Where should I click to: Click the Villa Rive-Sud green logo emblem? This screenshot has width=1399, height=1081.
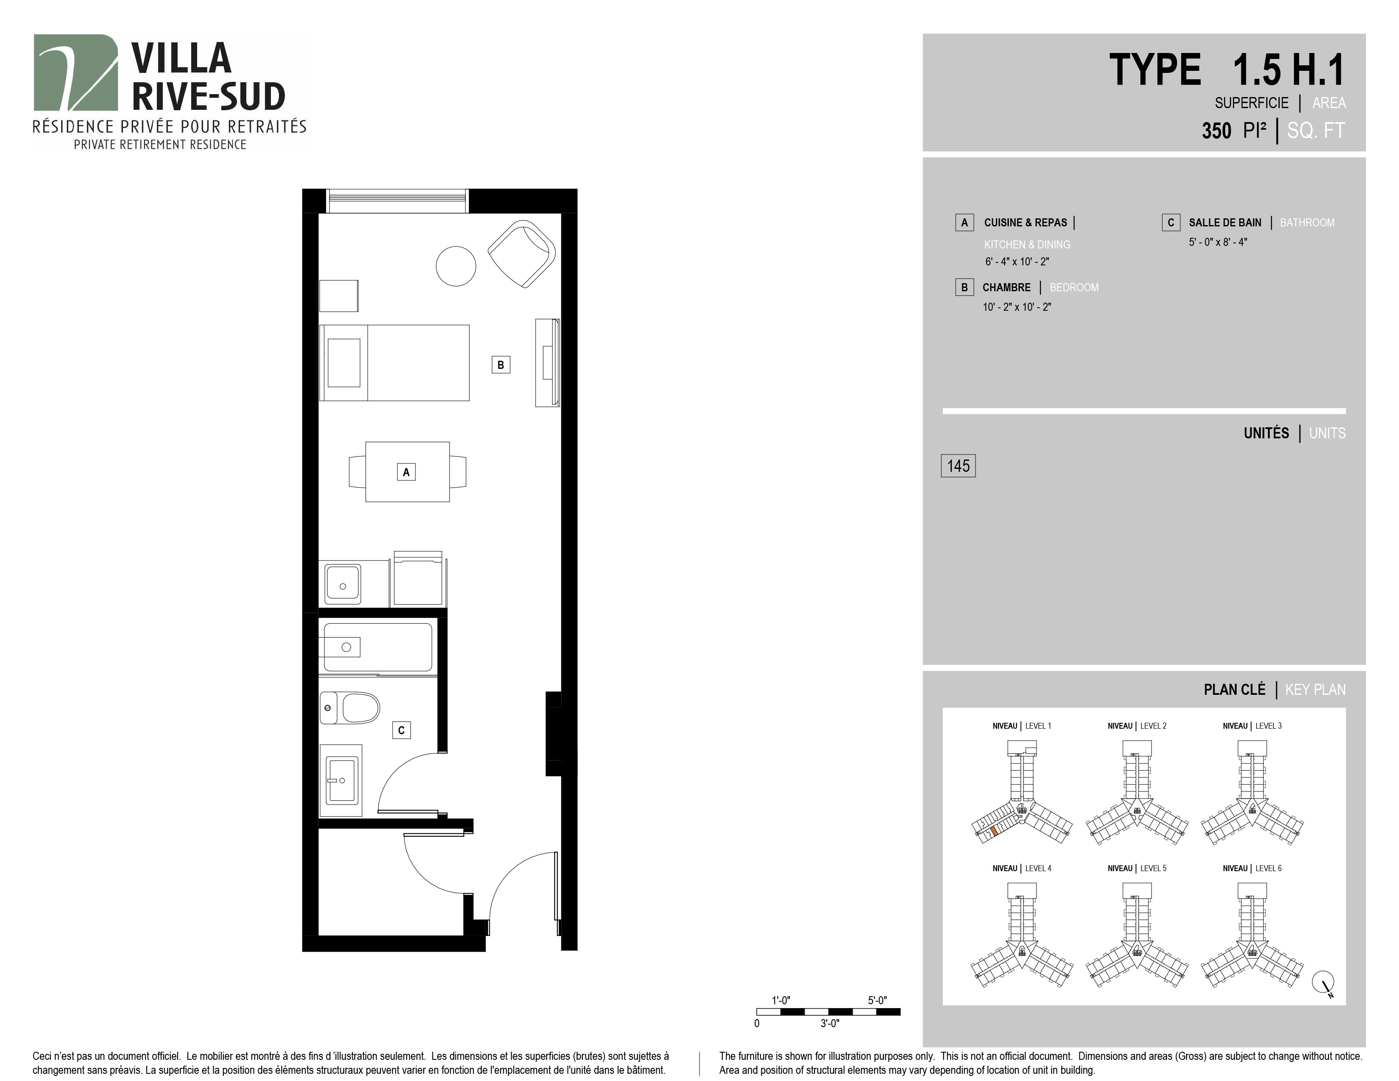coord(75,72)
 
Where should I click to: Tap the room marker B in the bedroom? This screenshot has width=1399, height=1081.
coord(501,365)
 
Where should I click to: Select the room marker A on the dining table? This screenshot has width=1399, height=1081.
coord(406,472)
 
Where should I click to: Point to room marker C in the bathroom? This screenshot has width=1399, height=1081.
coord(401,730)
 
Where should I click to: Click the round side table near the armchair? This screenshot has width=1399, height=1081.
coord(456,266)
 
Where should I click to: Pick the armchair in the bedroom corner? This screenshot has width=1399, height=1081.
coord(522,254)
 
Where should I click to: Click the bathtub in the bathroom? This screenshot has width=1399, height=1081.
coord(378,647)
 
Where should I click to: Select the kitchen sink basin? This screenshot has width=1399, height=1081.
coord(343,583)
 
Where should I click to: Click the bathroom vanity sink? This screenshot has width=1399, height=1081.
coord(343,780)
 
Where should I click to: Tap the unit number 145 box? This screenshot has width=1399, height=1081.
coord(958,465)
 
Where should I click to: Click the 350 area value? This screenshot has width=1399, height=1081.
coord(1216,131)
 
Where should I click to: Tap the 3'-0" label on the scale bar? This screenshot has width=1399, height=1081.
coord(830,1023)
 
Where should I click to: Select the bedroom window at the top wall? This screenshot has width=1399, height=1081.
coord(397,201)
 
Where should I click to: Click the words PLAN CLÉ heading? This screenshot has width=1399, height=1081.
coord(1235,690)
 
